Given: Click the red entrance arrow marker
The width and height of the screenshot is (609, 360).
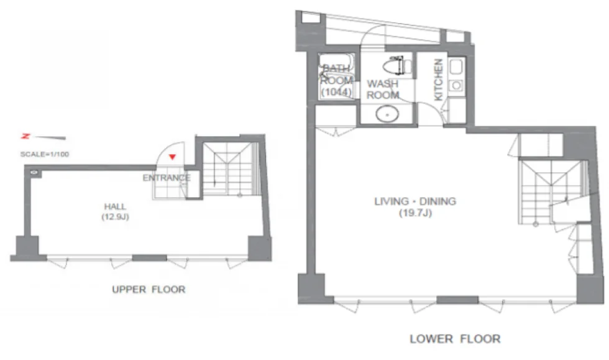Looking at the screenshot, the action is pyautogui.click(x=173, y=157).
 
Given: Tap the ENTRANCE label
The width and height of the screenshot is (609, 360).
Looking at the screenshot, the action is pyautogui.click(x=167, y=178).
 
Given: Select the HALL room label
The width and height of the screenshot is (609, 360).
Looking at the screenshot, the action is pyautogui.click(x=115, y=206).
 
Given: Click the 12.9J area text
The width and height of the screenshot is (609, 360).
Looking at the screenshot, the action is pyautogui.click(x=116, y=217).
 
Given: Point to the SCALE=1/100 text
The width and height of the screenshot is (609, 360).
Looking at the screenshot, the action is pyautogui.click(x=45, y=154).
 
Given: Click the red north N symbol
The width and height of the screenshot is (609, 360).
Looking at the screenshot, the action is pyautogui.click(x=25, y=136).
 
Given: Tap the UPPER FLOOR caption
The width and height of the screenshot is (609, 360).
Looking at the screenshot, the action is pyautogui.click(x=149, y=289).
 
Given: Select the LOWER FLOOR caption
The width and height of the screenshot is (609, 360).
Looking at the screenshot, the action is pyautogui.click(x=455, y=339).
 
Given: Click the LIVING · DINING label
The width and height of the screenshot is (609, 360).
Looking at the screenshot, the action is pyautogui.click(x=415, y=201).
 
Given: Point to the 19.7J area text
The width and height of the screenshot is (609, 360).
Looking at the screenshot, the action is pyautogui.click(x=416, y=213).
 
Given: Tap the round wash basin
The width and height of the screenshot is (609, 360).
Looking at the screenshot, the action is pyautogui.click(x=387, y=114).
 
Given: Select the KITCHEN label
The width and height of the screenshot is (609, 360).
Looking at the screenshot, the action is pyautogui.click(x=438, y=80).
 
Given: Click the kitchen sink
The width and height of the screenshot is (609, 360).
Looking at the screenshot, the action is pyautogui.click(x=456, y=67).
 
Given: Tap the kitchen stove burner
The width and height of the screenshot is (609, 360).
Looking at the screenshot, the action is pyautogui.click(x=456, y=85).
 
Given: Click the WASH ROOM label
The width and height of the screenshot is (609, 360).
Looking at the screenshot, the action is pyautogui.click(x=383, y=90).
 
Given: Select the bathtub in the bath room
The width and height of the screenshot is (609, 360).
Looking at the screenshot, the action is pyautogui.click(x=336, y=76).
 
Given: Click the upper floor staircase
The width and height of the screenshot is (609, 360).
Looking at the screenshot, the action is pyautogui.click(x=231, y=168).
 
